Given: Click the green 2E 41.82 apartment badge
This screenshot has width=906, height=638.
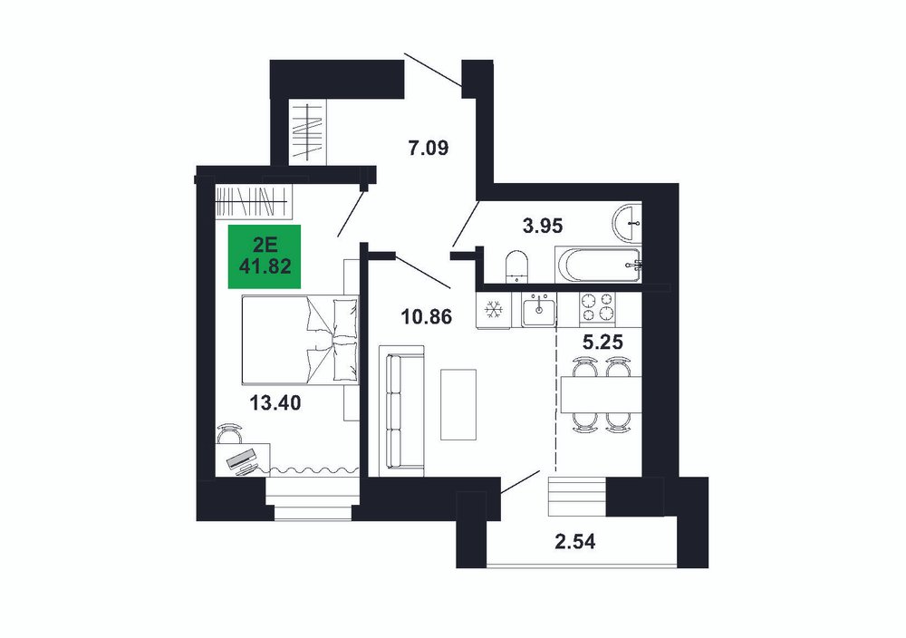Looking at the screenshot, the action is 265,256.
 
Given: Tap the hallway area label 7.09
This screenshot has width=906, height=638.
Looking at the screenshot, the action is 429,149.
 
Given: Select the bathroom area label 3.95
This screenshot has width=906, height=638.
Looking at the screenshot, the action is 542,226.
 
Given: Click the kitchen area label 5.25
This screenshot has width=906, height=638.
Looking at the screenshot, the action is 602,343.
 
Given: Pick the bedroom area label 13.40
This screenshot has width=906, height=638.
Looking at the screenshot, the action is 275,402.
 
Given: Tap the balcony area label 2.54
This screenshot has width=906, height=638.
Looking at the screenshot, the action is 574,542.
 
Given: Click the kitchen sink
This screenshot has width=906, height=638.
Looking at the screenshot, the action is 538,310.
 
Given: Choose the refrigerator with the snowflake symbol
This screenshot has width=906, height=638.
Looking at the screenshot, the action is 493,310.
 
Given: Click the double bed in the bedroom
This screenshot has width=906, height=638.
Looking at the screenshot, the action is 300,340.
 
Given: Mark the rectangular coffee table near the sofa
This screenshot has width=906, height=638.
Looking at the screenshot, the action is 458,404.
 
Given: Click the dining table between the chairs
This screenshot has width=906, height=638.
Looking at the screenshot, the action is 602,394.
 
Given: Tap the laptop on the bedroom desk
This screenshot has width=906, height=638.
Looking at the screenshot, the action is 243,460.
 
